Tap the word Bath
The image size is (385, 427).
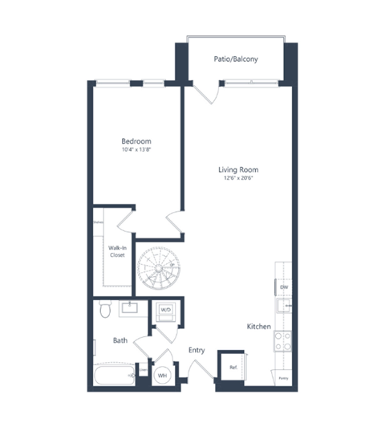[120, 340]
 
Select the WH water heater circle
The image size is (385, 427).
[161, 374]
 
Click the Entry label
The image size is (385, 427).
[197, 350]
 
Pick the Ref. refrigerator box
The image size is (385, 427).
[233, 367]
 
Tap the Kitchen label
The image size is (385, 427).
[258, 327]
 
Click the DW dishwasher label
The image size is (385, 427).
[283, 287]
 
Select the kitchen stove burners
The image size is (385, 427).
[282, 342]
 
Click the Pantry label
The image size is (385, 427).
[283, 376]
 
